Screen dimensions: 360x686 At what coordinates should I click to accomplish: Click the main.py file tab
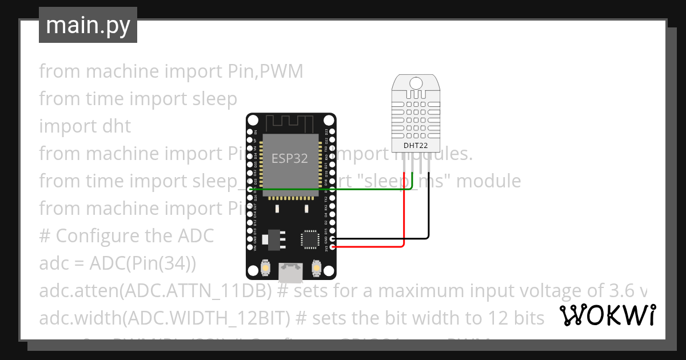click(x=87, y=25)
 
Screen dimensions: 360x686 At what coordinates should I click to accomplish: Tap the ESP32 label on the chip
click(x=289, y=159)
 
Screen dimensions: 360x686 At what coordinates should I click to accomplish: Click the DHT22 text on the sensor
click(x=416, y=145)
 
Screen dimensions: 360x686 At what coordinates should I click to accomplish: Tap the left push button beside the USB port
click(x=265, y=267)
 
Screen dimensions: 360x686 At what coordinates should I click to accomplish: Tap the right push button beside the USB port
click(x=316, y=267)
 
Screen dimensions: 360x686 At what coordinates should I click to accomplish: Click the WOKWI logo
click(x=607, y=315)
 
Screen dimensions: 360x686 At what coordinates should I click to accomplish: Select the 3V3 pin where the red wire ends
click(x=333, y=247)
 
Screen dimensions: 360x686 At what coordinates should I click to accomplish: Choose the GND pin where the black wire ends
click(x=333, y=238)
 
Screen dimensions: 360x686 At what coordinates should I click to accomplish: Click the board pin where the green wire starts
click(x=249, y=189)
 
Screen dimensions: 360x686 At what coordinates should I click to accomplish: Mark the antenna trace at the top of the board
click(x=290, y=122)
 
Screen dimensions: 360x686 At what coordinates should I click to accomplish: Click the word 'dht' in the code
click(x=116, y=126)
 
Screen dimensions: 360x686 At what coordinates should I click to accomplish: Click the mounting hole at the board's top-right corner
click(x=329, y=121)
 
